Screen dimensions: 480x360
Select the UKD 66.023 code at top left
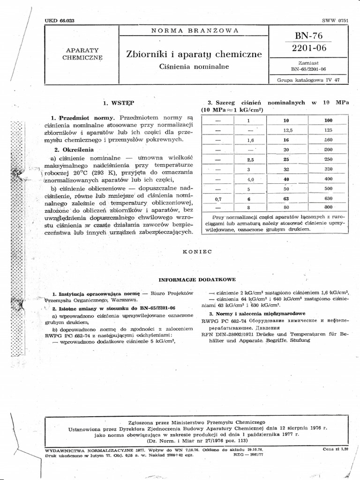tap(61, 21)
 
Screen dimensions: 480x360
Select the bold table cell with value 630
tap(328, 198)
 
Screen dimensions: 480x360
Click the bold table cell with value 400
tap(328, 179)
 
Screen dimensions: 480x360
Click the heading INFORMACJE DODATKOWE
tap(197, 279)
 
